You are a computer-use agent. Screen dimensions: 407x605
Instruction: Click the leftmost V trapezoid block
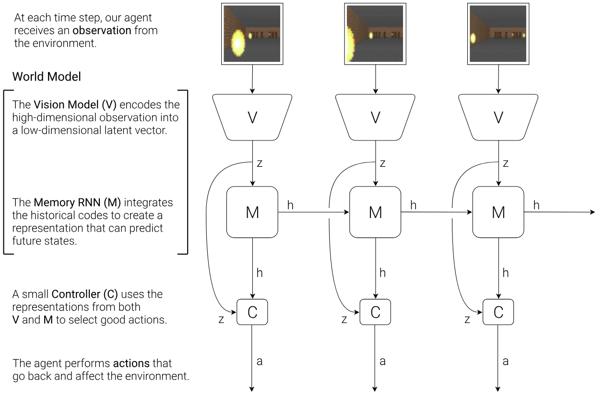[x=252, y=117]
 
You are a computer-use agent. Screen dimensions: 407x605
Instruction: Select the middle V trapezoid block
[x=375, y=117]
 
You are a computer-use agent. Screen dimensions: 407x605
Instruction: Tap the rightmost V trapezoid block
[x=498, y=117]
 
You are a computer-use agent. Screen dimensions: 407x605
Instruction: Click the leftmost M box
[x=252, y=212]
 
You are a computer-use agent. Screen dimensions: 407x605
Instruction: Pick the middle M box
[x=375, y=212]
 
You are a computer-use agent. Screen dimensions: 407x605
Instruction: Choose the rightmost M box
[x=498, y=212]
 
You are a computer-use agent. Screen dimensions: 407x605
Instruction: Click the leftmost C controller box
[x=252, y=312]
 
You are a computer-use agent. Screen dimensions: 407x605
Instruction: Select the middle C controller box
[x=375, y=312]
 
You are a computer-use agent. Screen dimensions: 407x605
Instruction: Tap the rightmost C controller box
[x=498, y=312]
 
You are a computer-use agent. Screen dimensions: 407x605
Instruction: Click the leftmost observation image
[x=252, y=34]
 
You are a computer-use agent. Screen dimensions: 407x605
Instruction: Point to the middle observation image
[x=375, y=34]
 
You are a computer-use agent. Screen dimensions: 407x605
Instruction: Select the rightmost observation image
[x=498, y=34]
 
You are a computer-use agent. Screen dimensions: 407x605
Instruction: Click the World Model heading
[x=47, y=77]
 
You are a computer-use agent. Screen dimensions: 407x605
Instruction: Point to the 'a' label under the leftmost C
[x=260, y=361]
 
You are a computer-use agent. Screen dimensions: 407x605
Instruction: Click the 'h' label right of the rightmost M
[x=536, y=206]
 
